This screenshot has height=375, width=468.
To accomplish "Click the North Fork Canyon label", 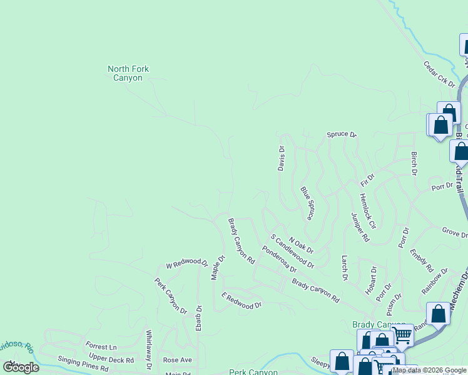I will tap(128, 74).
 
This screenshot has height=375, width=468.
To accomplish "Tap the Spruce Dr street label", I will tap(341, 134).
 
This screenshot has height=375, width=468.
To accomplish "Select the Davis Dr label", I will tap(282, 158).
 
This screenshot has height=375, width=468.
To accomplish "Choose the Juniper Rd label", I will tap(360, 227).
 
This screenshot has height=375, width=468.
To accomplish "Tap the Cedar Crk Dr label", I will tap(439, 73).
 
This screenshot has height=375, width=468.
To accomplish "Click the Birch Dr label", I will tap(414, 162).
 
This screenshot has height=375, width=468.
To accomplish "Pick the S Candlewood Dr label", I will tap(292, 251).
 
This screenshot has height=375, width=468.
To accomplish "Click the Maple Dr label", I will tap(217, 267).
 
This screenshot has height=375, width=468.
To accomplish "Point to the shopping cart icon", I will tap(402, 336).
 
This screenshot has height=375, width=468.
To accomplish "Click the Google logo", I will tap(21, 367).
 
